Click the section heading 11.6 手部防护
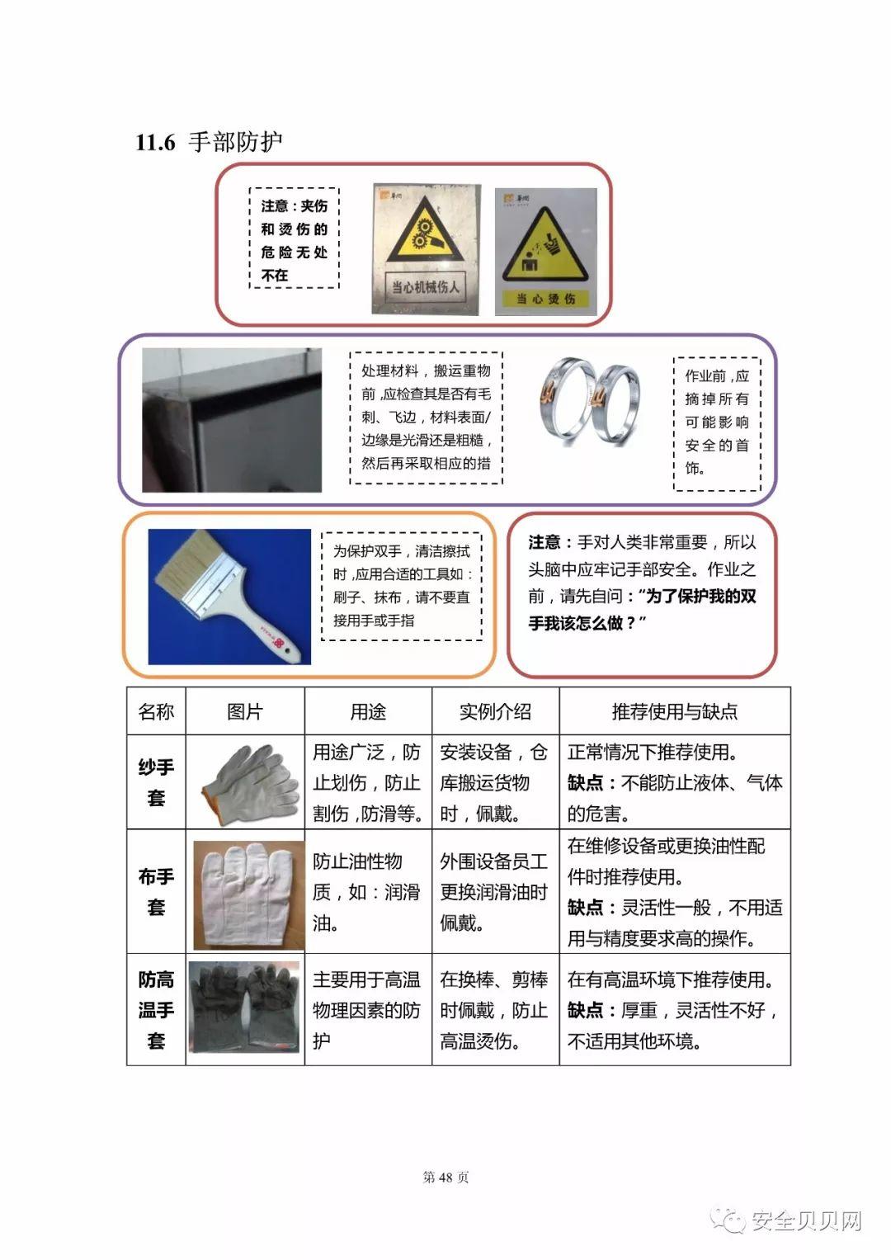point(210,142)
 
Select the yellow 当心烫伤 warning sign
point(546,251)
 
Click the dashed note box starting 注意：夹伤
point(295,238)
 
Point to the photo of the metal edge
point(232,420)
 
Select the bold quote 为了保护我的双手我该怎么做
point(642,609)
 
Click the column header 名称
point(156,711)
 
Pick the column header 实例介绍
point(495,711)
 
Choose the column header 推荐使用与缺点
point(674,711)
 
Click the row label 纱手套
point(156,782)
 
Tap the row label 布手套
point(156,892)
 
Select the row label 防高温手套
point(156,1010)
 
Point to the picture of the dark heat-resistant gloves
point(245,1010)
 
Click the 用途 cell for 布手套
point(367,892)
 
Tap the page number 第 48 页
point(445,1177)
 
